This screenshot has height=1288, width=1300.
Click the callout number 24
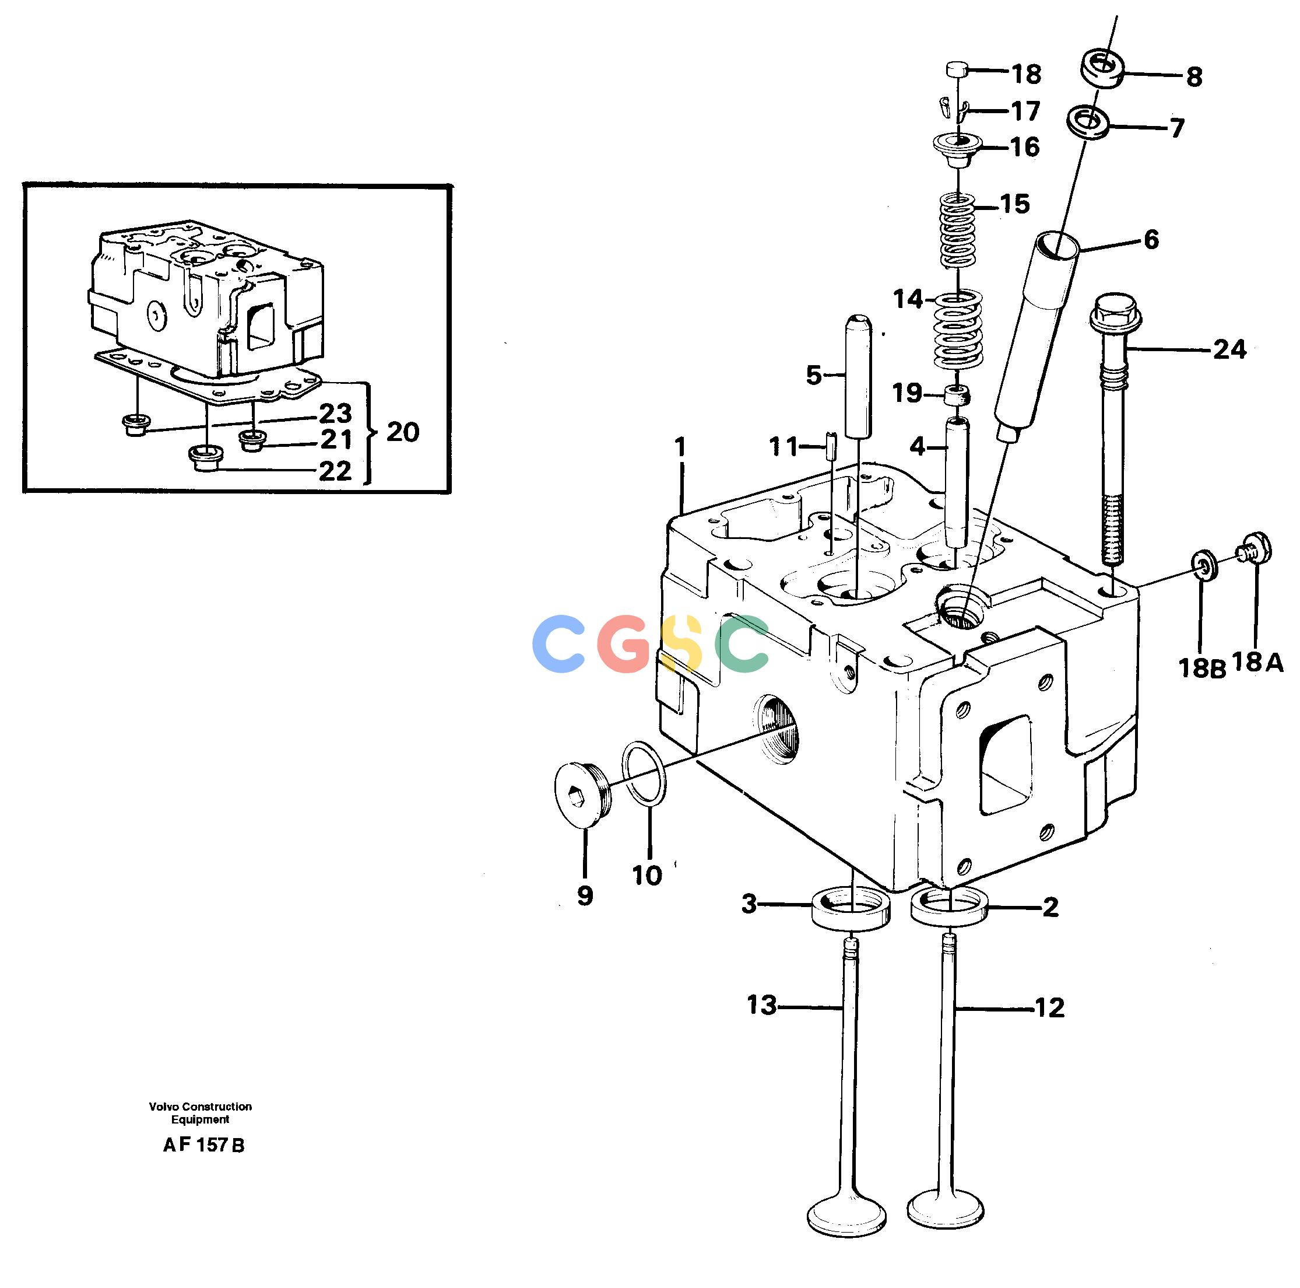click(1229, 349)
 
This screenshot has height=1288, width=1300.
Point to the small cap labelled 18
click(957, 69)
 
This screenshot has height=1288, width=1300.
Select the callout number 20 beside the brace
click(402, 432)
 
